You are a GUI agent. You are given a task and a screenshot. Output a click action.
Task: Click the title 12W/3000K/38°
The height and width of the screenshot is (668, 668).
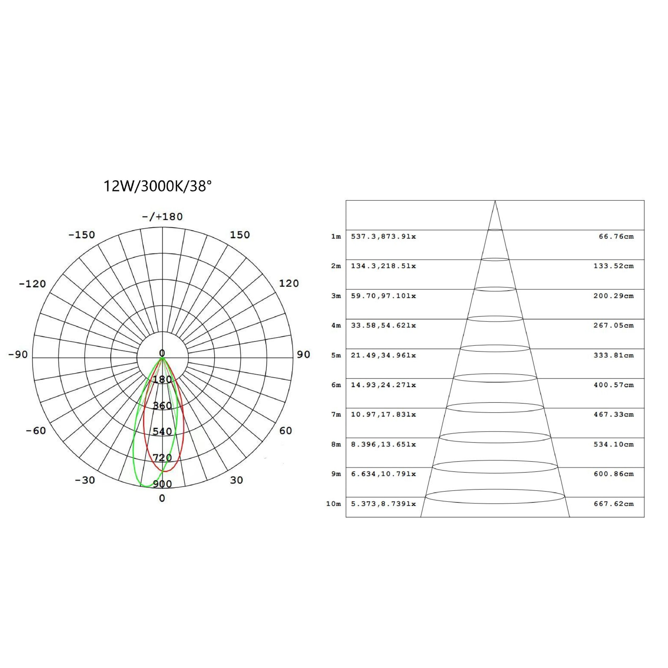(x=157, y=186)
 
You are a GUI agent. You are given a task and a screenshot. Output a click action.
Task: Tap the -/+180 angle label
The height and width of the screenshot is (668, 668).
(x=162, y=217)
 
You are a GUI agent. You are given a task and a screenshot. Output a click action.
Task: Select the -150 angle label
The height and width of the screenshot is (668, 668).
(x=82, y=235)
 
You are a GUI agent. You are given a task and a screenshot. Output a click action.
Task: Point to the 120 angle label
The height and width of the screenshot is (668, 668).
(x=289, y=284)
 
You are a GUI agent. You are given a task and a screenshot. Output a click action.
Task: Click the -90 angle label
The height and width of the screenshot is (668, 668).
(x=18, y=355)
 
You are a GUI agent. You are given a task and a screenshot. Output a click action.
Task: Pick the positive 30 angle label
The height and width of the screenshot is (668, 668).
(x=236, y=480)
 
